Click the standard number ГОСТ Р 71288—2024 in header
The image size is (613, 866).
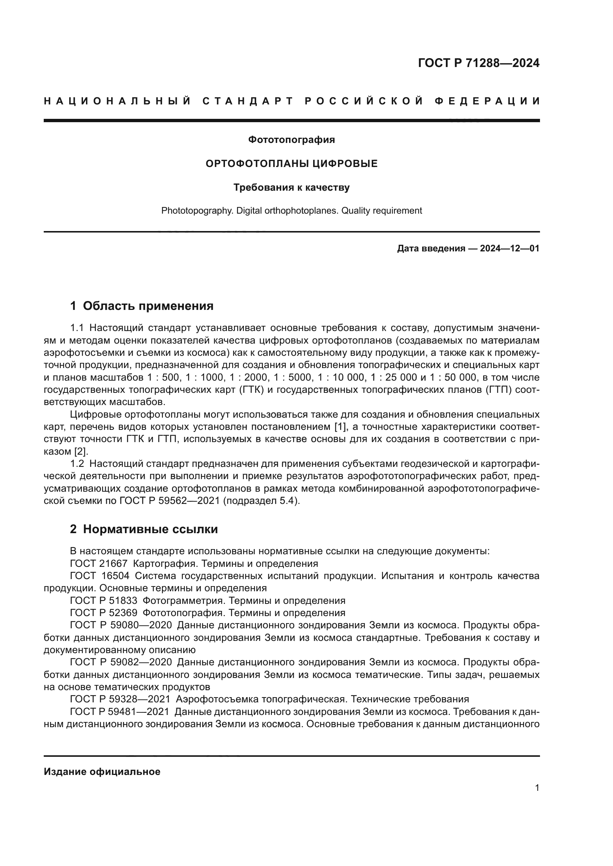[x=478, y=63]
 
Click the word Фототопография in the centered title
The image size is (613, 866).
[x=291, y=140]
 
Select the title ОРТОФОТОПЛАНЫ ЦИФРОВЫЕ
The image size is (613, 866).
[x=291, y=164]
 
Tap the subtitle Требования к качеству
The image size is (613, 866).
[x=291, y=187]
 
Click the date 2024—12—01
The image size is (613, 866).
[x=510, y=248]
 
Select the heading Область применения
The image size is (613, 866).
[x=148, y=306]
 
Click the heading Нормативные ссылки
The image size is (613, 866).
[x=150, y=529]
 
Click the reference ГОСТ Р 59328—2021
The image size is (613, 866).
[x=120, y=699]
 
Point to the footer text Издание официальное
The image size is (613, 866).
[x=102, y=772]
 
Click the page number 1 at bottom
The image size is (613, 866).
[x=537, y=788]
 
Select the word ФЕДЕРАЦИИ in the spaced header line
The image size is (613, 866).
[x=487, y=101]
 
